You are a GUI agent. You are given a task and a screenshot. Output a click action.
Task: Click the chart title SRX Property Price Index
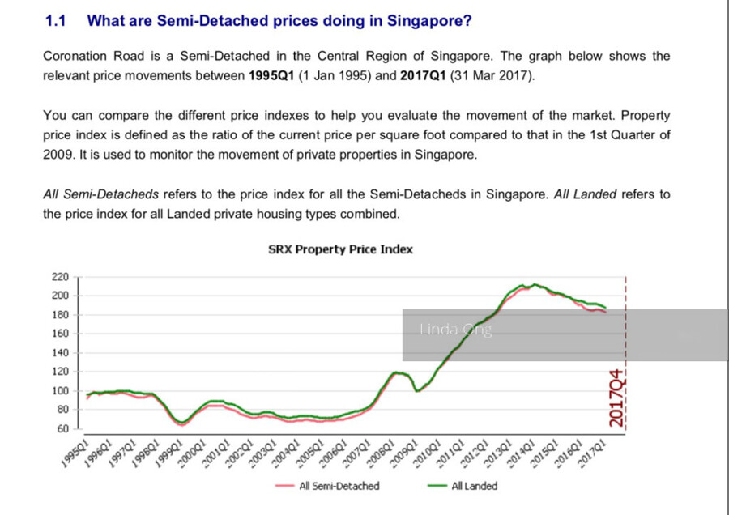(340, 249)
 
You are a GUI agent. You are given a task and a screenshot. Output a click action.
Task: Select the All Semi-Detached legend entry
(339, 486)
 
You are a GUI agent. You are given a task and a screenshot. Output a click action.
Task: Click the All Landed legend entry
(474, 486)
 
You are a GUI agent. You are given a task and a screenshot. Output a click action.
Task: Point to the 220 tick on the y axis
(61, 276)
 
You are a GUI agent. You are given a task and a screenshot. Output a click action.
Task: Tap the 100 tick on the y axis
(61, 391)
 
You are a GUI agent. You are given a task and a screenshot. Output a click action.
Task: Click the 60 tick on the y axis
(63, 428)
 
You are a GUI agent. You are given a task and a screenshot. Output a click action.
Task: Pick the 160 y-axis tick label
(61, 334)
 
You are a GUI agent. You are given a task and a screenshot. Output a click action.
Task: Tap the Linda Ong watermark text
(456, 330)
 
